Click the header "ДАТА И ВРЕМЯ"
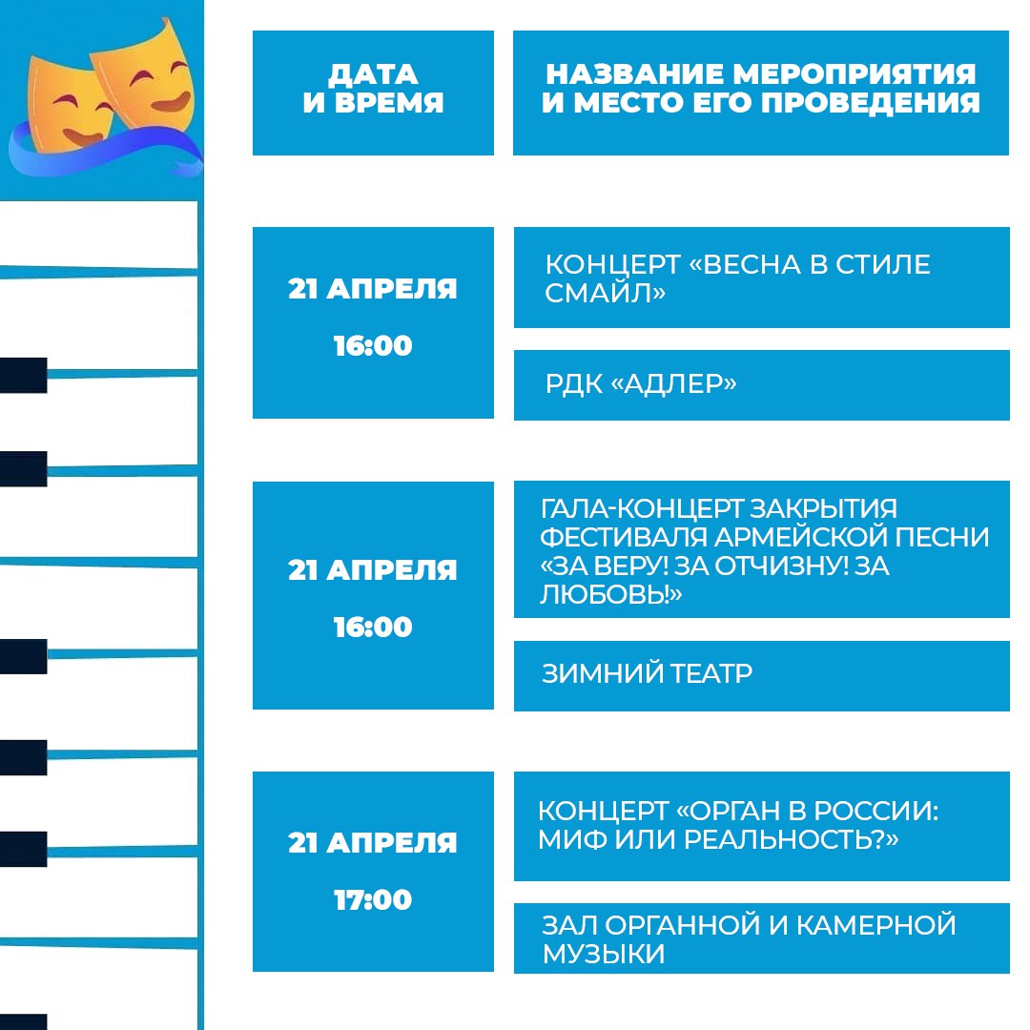[373, 88]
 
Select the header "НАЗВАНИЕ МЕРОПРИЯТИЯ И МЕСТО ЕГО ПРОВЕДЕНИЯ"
[761, 88]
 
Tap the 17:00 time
[373, 900]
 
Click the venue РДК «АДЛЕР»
[641, 384]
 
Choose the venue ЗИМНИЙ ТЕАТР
[647, 674]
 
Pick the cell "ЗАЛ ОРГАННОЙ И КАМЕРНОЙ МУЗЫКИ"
[749, 939]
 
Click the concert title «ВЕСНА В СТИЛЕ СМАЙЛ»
[737, 278]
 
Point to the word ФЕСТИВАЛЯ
[624, 537]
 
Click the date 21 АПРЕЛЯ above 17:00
[373, 843]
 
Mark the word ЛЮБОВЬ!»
[611, 594]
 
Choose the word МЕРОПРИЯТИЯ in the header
[854, 74]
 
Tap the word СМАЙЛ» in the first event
[605, 293]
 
